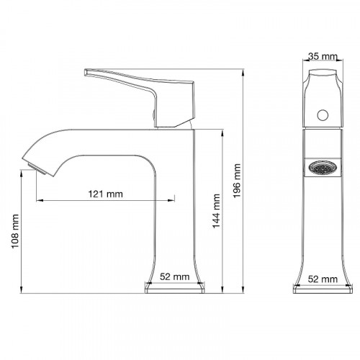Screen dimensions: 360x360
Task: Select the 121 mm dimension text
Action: (105, 194)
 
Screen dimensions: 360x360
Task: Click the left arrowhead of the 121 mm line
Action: (38, 200)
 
